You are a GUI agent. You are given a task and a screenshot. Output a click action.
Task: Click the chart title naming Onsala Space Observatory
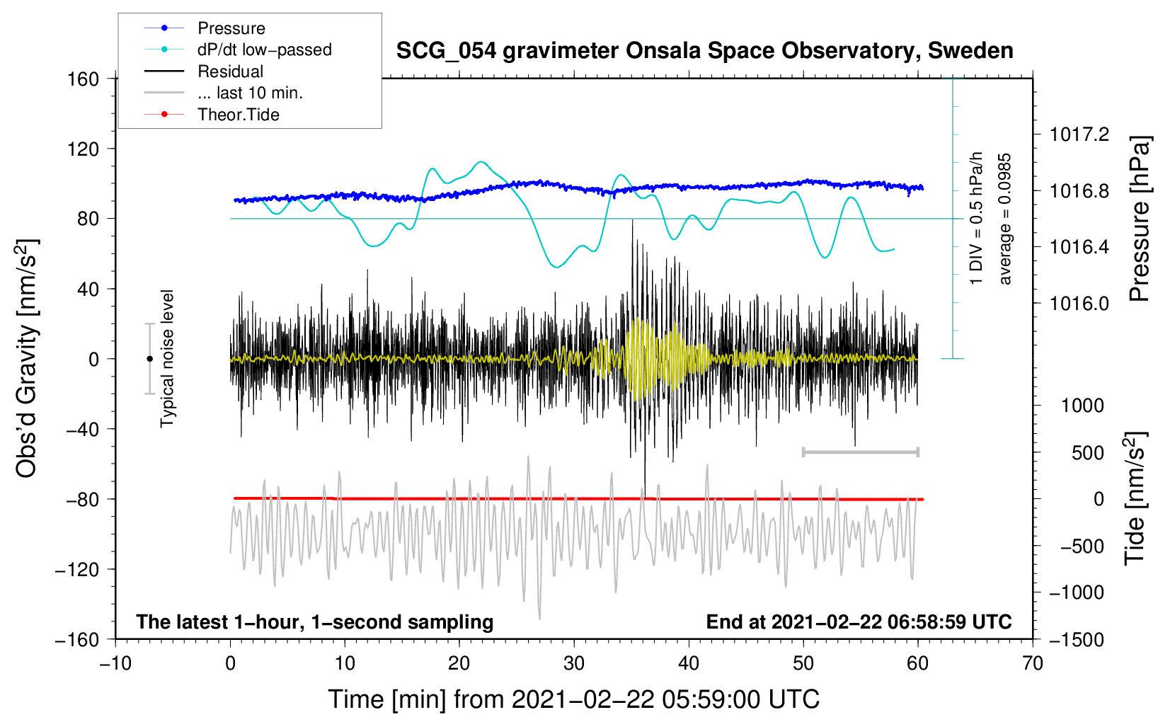704,51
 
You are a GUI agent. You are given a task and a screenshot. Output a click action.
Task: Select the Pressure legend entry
205,28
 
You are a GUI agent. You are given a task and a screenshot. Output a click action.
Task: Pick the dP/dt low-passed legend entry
238,50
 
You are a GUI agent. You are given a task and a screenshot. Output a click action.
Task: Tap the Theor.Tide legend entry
212,115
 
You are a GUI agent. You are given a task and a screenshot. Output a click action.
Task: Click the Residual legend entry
204,71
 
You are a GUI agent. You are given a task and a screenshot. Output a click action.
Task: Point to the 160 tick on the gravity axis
84,79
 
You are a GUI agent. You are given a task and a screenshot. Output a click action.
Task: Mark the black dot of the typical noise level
149,359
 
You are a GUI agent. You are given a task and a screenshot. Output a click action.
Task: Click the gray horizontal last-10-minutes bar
860,452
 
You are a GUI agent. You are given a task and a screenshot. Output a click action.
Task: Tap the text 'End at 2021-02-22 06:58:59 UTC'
859,621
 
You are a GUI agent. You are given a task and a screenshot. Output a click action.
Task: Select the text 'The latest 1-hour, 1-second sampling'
315,621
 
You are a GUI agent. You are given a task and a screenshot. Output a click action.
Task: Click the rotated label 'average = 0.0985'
1004,219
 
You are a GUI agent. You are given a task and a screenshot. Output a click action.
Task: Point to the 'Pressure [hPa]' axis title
1140,219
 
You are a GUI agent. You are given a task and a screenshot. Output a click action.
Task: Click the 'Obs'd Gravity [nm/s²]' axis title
26,358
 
